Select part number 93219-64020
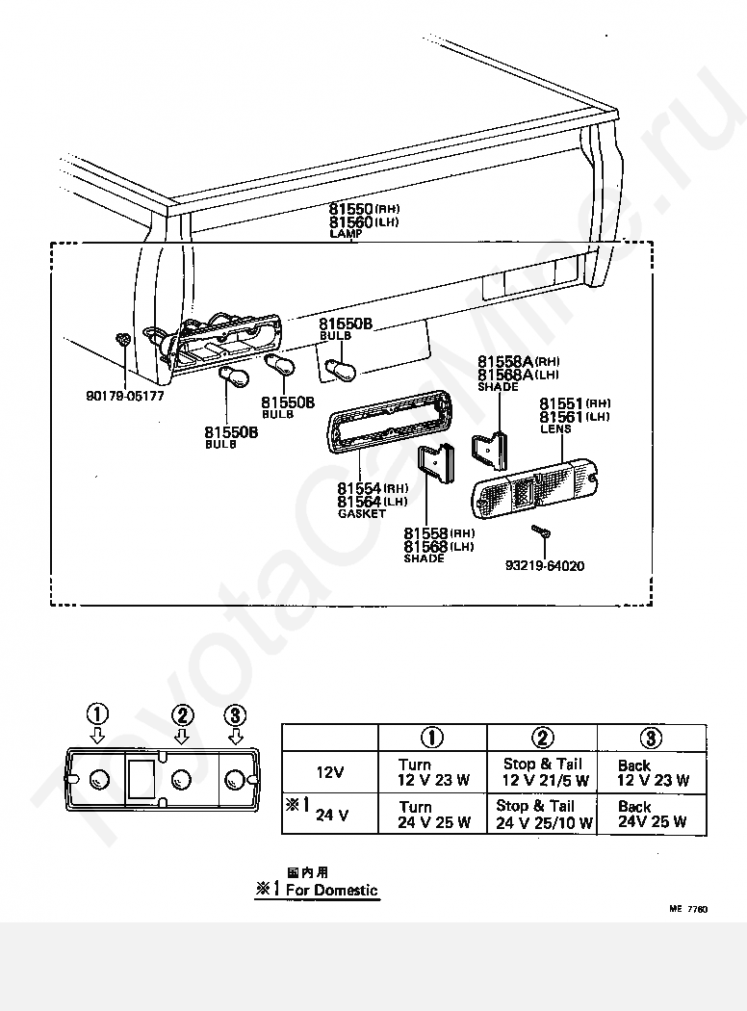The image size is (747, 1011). [x=545, y=565]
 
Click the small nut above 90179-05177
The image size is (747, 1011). [x=123, y=340]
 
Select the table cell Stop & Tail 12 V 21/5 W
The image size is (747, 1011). [x=543, y=772]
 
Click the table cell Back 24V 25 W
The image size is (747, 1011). [x=653, y=815]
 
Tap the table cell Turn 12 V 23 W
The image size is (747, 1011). [x=434, y=772]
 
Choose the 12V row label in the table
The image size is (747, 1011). [x=330, y=772]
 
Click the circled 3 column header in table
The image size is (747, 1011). [x=652, y=738]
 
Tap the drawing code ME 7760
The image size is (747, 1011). [x=689, y=908]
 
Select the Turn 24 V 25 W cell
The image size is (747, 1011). [x=434, y=815]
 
